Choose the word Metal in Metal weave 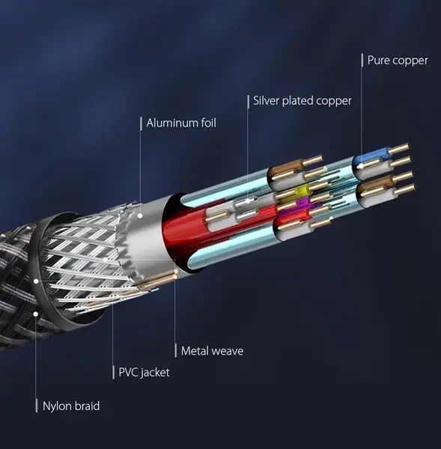pos(195,351)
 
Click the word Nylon pos(57,406)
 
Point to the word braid pos(87,406)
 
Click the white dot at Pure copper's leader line pos(362,165)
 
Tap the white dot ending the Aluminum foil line pos(140,216)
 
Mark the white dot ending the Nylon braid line pos(35,314)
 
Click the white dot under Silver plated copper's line pos(248,201)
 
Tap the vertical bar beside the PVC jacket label pos(114,372)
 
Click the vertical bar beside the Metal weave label pos(176,350)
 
